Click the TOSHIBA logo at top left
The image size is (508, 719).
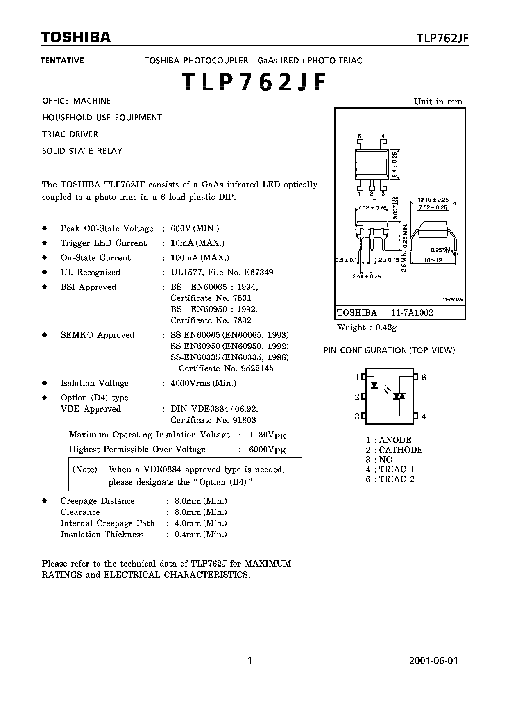(76, 38)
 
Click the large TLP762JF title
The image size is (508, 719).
(254, 82)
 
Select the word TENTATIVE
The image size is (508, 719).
(62, 61)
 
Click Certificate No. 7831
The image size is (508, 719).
(211, 298)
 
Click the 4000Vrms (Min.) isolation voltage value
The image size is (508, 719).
(203, 383)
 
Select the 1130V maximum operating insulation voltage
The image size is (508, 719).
(268, 435)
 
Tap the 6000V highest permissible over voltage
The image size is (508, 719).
(268, 450)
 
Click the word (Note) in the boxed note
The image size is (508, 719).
(85, 469)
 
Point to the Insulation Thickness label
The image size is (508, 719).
(102, 534)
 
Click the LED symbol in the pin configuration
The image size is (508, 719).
(374, 385)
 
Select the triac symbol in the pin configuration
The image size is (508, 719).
(399, 396)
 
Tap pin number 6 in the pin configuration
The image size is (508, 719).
(424, 377)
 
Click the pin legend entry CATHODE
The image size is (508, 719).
(401, 450)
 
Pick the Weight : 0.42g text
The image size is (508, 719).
(367, 327)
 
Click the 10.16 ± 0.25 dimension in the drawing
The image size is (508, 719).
(433, 200)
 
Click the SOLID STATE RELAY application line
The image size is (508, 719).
(82, 151)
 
